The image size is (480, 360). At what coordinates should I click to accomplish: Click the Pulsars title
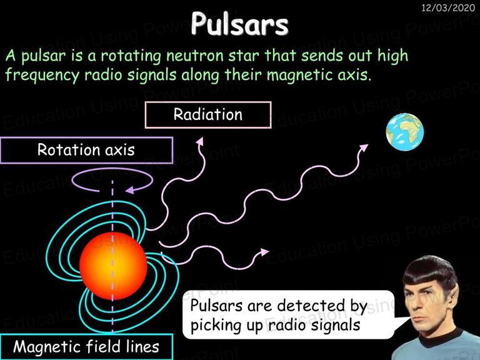240,24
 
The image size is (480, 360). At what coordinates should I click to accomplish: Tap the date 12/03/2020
448,7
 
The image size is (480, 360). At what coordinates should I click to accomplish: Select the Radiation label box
208,115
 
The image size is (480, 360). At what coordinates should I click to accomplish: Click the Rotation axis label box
87,150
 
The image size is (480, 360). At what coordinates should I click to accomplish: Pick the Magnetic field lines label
86,346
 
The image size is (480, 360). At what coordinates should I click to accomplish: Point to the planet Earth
405,132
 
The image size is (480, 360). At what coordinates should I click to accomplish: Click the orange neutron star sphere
113,266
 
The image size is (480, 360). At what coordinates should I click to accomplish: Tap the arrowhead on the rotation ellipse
130,190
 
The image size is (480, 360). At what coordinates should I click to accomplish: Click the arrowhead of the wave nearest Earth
364,147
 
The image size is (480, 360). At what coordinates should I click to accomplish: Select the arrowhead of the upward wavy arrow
199,141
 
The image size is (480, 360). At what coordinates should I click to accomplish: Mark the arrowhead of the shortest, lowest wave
264,252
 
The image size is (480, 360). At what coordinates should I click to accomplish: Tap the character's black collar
440,337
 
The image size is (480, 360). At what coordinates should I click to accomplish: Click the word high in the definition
392,56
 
